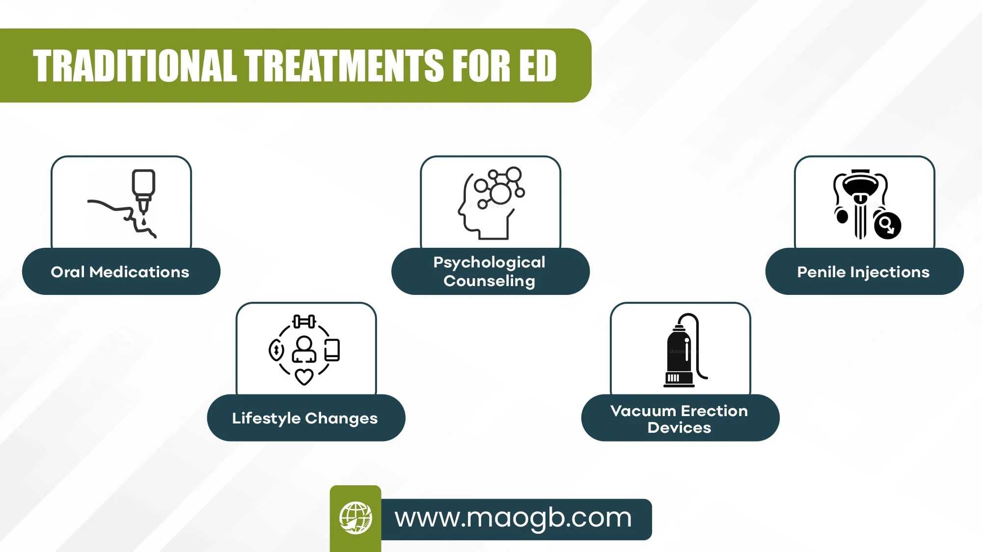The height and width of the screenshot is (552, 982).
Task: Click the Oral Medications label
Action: pyautogui.click(x=120, y=272)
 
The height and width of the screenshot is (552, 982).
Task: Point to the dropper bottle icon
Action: pyautogui.click(x=143, y=191)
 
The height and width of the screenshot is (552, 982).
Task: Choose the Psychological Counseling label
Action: pyautogui.click(x=490, y=271)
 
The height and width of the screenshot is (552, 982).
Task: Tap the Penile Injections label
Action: pyautogui.click(x=863, y=272)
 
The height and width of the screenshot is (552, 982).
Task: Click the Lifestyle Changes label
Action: pyautogui.click(x=305, y=418)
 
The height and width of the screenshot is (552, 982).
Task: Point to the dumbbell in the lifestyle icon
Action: pyautogui.click(x=304, y=322)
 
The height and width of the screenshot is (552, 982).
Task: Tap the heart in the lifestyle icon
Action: pyautogui.click(x=304, y=377)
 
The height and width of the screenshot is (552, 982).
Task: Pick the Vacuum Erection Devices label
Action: pyautogui.click(x=680, y=419)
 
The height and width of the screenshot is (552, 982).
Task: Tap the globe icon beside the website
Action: pyautogui.click(x=355, y=518)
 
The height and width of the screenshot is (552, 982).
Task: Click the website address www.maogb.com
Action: pyautogui.click(x=513, y=518)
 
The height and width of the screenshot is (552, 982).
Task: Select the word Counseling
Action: pyautogui.click(x=490, y=281)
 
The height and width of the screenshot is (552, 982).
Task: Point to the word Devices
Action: pyautogui.click(x=680, y=427)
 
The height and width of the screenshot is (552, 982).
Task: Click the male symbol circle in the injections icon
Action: pyautogui.click(x=888, y=225)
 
